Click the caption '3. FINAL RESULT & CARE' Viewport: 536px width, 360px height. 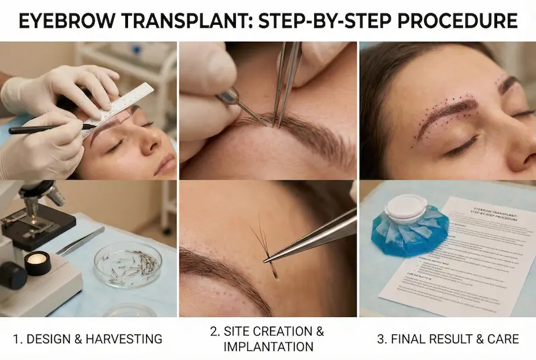click(x=448, y=339)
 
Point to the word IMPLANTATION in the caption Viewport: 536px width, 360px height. click(x=268, y=347)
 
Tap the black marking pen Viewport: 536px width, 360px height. click(x=50, y=129)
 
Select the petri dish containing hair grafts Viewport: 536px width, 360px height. click(x=127, y=265)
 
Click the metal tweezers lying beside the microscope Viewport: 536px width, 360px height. click(x=80, y=241)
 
